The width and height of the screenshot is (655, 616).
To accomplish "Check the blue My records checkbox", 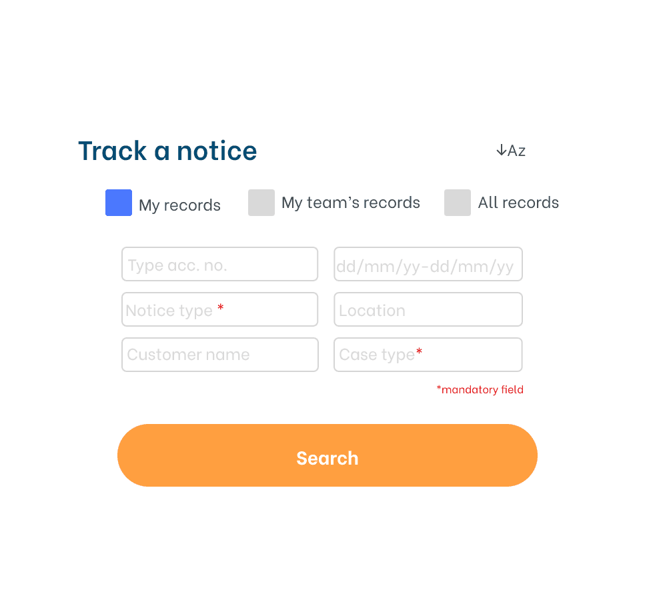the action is click(119, 203).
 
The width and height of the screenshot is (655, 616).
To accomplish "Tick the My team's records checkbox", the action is click(261, 203).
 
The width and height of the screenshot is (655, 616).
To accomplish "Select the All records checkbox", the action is click(458, 203).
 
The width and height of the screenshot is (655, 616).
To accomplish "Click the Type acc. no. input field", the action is click(219, 265).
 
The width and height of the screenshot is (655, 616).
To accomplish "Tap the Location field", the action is click(428, 310).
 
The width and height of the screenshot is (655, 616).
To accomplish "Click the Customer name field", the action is click(219, 355).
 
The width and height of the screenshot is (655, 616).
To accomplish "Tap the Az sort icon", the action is click(511, 151).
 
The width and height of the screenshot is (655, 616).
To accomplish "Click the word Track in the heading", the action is click(112, 151).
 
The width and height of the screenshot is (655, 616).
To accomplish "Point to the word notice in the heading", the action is click(217, 151).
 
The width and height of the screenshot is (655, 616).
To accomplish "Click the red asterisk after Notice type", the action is click(221, 309).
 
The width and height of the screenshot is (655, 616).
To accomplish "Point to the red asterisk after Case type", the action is click(419, 352).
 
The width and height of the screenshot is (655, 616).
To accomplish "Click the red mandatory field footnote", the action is click(480, 390).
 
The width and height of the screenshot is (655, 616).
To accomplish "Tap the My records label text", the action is click(179, 205).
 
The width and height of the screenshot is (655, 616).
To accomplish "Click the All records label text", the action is click(518, 203).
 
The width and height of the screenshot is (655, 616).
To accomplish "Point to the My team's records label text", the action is click(351, 203).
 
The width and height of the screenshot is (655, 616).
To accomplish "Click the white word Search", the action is click(327, 458).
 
